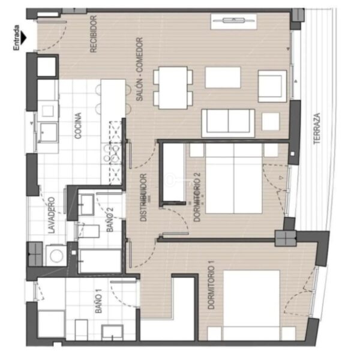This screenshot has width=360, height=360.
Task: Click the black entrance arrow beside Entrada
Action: (23, 38)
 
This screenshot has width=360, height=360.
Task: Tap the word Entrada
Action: (17, 38)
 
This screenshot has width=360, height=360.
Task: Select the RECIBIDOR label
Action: (94, 34)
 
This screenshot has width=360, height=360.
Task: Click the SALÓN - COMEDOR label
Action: (139, 69)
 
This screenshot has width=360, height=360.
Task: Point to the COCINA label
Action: (78, 125)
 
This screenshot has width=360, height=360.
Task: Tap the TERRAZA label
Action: (317, 128)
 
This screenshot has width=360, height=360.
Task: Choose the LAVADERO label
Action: (52, 215)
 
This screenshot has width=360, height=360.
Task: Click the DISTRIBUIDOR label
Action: (143, 197)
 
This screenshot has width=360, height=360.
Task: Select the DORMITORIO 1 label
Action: (211, 287)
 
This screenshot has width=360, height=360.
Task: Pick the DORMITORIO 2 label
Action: (197, 197)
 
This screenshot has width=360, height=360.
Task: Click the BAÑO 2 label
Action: (110, 220)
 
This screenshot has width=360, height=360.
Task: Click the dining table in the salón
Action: (173, 88)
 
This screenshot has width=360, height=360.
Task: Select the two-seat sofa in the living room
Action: (228, 123)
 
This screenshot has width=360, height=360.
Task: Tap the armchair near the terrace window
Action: (272, 86)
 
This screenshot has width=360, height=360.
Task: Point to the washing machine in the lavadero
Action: (56, 256)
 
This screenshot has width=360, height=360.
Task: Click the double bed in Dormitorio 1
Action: (251, 305)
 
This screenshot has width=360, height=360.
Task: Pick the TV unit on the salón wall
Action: (233, 22)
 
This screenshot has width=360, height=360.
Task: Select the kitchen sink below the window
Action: (48, 133)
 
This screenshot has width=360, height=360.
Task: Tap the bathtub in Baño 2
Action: (100, 261)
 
